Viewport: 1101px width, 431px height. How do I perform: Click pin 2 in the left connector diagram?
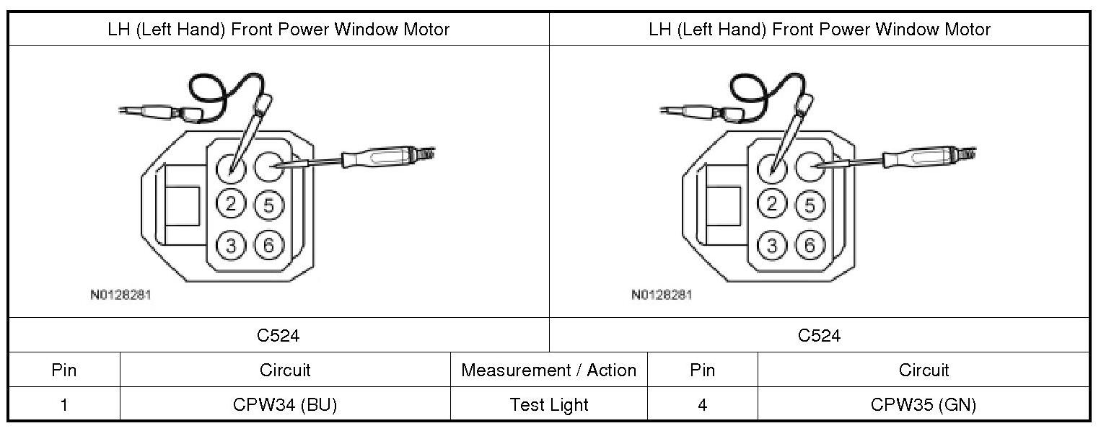tap(231, 204)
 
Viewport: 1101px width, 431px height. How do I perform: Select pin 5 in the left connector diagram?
tap(268, 205)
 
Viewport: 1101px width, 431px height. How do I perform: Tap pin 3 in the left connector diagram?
tap(231, 246)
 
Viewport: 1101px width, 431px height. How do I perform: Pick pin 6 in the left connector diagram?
tap(268, 246)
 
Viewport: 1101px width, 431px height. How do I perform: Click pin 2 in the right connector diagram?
tap(773, 204)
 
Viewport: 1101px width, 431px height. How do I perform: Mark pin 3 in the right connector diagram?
tap(773, 246)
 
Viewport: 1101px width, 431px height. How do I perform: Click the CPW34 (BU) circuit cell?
tap(285, 405)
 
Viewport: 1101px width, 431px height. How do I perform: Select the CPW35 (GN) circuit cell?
tap(924, 405)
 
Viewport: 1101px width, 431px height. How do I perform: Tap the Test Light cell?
tap(549, 405)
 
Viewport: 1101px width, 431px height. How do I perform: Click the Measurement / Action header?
tap(549, 370)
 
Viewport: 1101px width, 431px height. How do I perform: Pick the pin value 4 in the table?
tap(702, 405)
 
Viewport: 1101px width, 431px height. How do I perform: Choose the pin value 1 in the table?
tap(64, 405)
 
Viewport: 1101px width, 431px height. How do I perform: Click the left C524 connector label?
tap(278, 336)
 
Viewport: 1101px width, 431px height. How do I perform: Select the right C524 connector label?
tap(820, 336)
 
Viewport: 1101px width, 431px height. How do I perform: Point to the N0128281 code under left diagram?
tap(120, 295)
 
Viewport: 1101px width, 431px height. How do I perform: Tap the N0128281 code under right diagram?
tap(662, 295)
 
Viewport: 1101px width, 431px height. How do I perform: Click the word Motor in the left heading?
tap(426, 30)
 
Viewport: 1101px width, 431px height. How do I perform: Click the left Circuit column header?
tap(285, 370)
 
